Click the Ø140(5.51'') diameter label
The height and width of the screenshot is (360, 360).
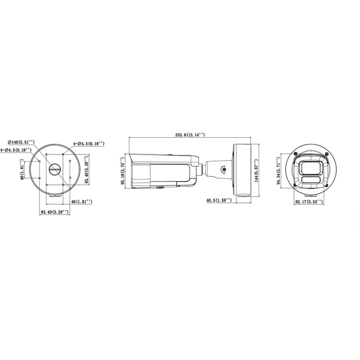(21, 142)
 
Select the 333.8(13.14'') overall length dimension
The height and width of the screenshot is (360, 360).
(190, 135)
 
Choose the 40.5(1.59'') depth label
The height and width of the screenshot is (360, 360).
(219, 200)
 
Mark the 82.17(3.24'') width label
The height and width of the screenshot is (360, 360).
(309, 202)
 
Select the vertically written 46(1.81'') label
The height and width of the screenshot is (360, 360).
(22, 169)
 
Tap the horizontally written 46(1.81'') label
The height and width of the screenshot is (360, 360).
(82, 202)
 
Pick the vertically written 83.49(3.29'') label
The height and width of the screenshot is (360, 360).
(86, 170)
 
